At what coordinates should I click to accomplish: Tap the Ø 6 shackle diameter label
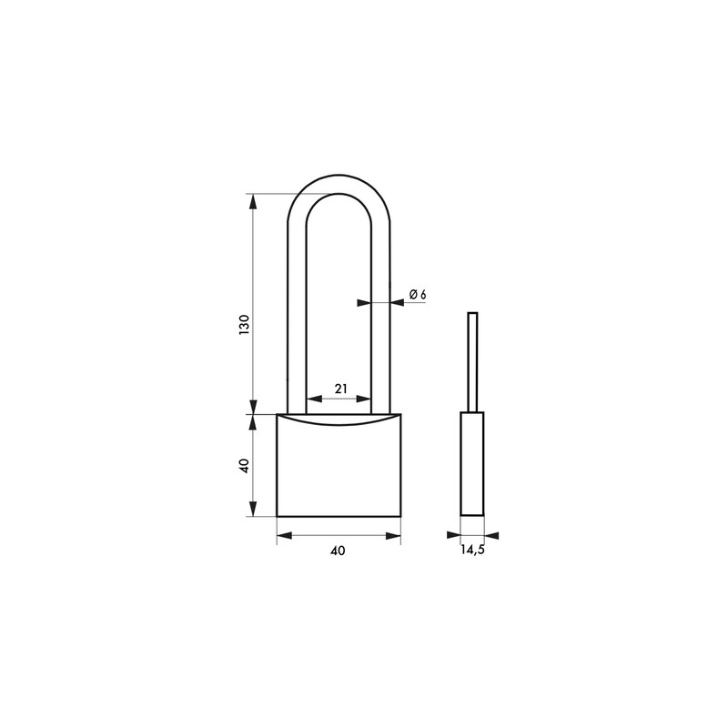click(418, 294)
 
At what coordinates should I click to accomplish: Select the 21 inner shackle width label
click(340, 389)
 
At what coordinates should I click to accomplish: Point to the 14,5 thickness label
click(472, 551)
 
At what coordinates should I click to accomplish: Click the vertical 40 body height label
click(244, 465)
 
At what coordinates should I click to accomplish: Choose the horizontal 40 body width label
click(338, 551)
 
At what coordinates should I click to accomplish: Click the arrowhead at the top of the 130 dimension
click(253, 200)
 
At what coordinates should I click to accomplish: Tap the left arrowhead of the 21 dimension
click(315, 399)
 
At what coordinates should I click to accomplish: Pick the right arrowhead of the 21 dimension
click(363, 399)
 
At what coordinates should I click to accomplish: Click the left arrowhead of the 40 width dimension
click(285, 536)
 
